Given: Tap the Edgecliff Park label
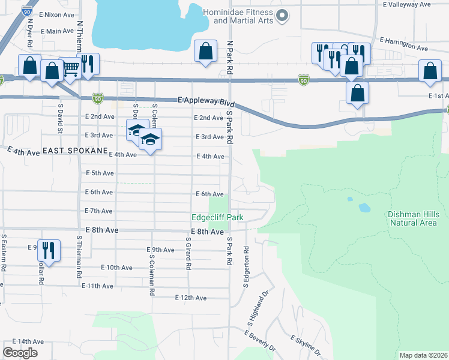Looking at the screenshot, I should pos(217,218).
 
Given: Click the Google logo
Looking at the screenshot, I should pos(20,353).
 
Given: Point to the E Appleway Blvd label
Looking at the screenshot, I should pos(206,102).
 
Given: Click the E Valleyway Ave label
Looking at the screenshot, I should pos(407,4).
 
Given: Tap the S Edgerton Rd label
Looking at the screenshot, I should pos(246,266).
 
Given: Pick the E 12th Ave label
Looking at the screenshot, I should pos(191,298).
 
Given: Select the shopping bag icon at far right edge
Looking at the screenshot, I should pos(430,71).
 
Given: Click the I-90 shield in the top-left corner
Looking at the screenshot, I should pos(26,10).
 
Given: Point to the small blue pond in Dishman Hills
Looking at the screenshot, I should pos(364,208).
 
